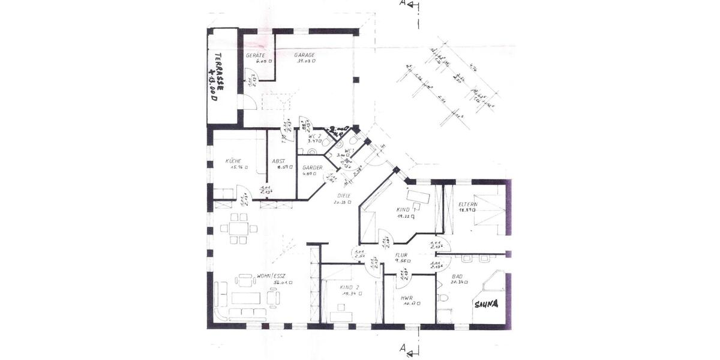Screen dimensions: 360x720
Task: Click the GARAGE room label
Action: click(305, 55)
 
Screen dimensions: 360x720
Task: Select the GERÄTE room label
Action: click(256, 55)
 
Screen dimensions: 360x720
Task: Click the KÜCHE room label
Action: click(233, 161)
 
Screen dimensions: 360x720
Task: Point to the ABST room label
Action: click(278, 161)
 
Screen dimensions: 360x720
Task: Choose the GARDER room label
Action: click(312, 167)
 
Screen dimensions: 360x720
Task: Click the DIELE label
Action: click(343, 195)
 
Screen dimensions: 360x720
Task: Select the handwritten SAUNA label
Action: click(486, 304)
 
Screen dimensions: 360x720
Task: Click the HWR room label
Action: click(407, 298)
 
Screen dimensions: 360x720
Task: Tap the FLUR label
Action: click(401, 255)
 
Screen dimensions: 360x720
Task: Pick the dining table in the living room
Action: click(239, 229)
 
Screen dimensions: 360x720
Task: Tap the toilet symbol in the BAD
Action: click(442, 298)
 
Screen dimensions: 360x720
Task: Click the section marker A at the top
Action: click(403, 4)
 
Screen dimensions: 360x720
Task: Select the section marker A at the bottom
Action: click(403, 349)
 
